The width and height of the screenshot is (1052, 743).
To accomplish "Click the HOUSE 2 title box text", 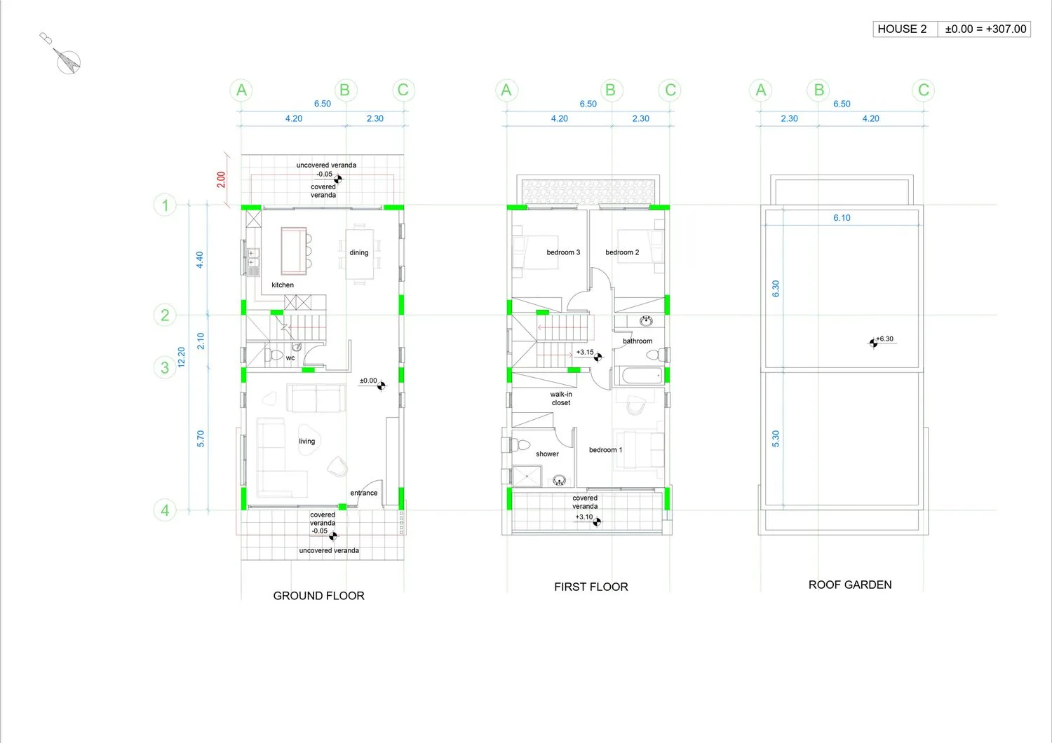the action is pyautogui.click(x=902, y=29).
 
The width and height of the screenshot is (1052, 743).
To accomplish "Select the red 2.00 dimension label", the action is pyautogui.click(x=221, y=179).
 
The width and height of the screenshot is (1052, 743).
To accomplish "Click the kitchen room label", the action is pyautogui.click(x=283, y=285).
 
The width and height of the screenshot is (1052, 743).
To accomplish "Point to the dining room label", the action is pyautogui.click(x=359, y=252).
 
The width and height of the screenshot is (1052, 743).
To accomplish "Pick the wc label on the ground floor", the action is pyautogui.click(x=290, y=358).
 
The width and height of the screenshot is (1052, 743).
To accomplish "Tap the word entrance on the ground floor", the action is pyautogui.click(x=364, y=493).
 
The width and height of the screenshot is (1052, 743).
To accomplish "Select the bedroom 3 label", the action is pyautogui.click(x=563, y=252).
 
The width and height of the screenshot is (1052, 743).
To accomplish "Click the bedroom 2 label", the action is pyautogui.click(x=622, y=252).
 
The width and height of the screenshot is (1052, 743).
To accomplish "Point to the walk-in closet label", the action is pyautogui.click(x=561, y=399).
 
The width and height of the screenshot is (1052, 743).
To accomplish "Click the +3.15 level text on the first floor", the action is pyautogui.click(x=585, y=352).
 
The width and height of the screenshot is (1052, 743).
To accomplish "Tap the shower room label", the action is pyautogui.click(x=547, y=454).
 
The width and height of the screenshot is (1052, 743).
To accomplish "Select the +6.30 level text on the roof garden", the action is pyautogui.click(x=885, y=339).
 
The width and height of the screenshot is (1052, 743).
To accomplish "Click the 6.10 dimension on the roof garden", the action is pyautogui.click(x=842, y=218).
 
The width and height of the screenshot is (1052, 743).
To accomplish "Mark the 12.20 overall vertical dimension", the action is pyautogui.click(x=182, y=357).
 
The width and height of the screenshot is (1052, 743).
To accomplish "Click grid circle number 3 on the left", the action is pyautogui.click(x=165, y=367).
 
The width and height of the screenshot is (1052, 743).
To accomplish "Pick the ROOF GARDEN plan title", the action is pyautogui.click(x=850, y=585).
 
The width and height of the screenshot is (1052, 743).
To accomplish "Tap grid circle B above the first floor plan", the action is pyautogui.click(x=611, y=90).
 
